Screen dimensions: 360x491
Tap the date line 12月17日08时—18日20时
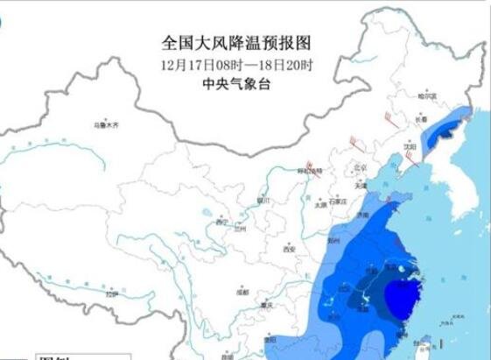pyautogui.click(x=236, y=63)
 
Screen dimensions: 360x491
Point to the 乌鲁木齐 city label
pyautogui.click(x=107, y=126)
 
